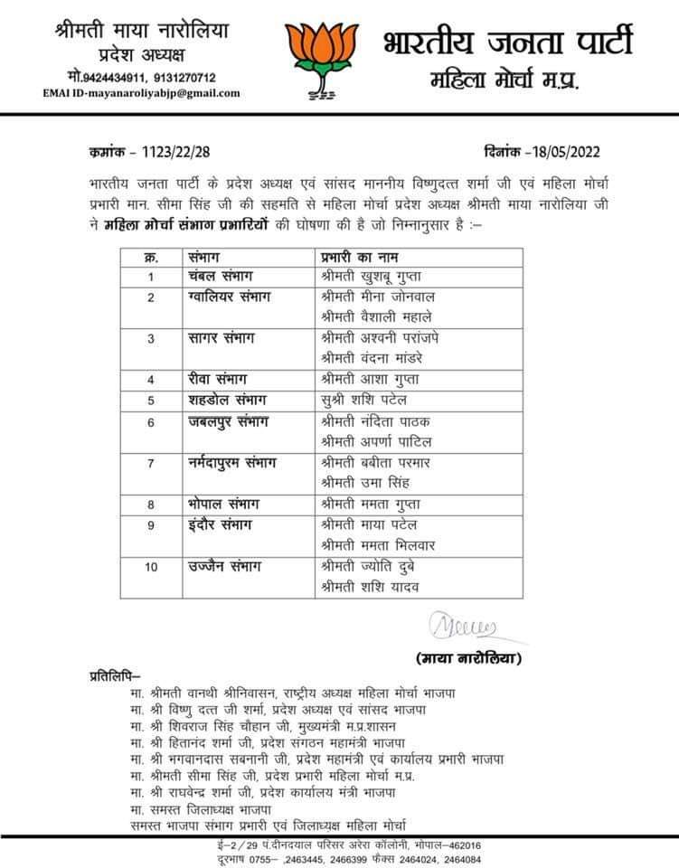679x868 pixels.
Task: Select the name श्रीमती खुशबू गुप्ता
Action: coord(372,276)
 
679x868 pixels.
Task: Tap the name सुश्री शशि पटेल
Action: coord(363,399)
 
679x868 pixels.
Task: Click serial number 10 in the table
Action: coord(152,568)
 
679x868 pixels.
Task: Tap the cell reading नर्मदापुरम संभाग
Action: coord(231,462)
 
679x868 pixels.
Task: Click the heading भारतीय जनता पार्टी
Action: coord(507,41)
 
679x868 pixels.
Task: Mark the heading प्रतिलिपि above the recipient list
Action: coord(115,675)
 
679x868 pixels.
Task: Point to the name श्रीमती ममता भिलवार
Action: coord(377,544)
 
